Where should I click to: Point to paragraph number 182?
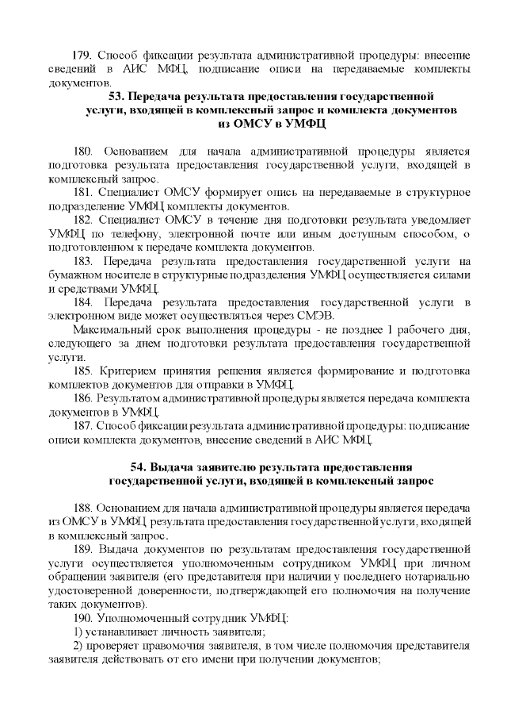point(84,219)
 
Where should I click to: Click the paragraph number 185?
point(84,371)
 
